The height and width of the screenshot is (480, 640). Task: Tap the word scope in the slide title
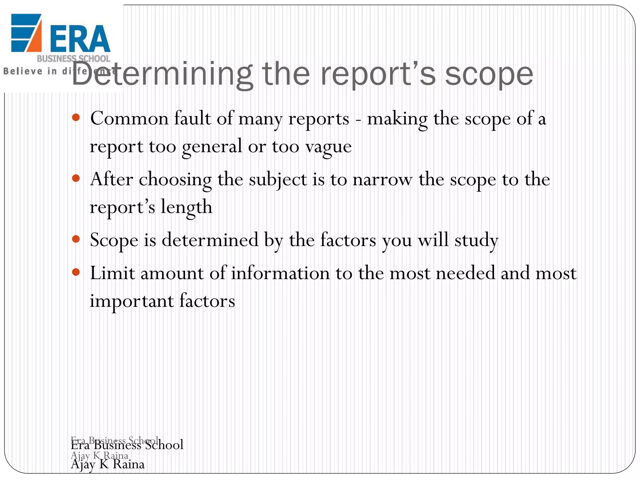(489, 75)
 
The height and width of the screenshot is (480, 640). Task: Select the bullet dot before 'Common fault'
(76, 118)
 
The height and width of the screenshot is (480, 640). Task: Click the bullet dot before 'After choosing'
(76, 178)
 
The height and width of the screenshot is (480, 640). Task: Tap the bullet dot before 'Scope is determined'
(76, 239)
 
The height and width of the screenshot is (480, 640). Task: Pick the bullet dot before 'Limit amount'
(76, 272)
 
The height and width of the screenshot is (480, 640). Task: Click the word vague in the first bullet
(328, 147)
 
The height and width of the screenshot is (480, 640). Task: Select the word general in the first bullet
(212, 147)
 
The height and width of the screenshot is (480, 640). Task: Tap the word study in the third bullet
(476, 241)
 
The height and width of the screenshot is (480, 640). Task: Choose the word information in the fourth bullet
(280, 273)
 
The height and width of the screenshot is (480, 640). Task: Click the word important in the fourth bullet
(132, 301)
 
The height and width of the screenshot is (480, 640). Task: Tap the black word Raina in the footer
(128, 464)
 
